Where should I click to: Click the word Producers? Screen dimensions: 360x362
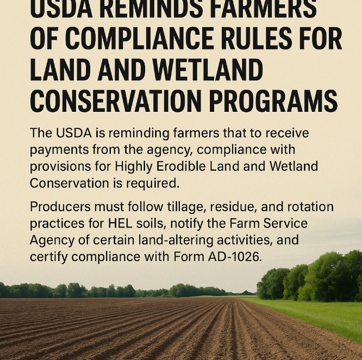pyautogui.click(x=55, y=207)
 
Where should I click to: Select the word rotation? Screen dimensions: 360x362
pyautogui.click(x=310, y=207)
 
